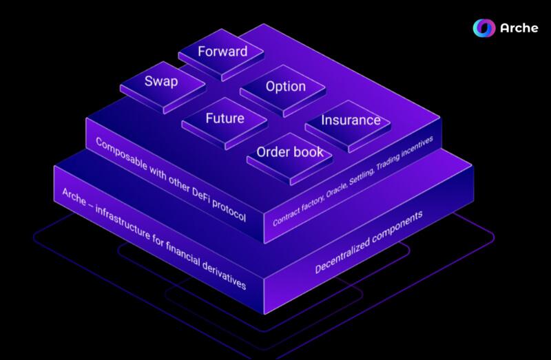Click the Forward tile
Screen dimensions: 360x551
pos(222,52)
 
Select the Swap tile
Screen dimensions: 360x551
pos(161,83)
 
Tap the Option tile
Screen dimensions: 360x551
pos(285,87)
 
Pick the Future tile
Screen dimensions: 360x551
pos(225,119)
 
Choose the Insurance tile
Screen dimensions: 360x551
pos(351,120)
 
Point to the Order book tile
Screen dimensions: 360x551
pos(289,153)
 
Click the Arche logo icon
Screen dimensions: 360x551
pos(484,28)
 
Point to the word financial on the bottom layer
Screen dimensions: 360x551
pos(184,253)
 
